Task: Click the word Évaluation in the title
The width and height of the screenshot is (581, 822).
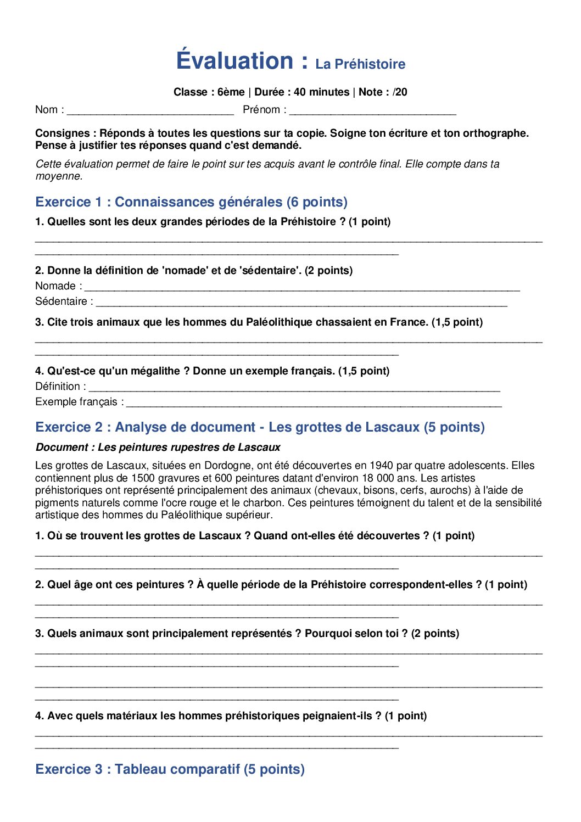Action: coord(235,60)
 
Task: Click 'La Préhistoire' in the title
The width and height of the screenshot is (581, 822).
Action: coord(360,64)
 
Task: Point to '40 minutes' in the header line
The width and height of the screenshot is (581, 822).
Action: coord(321,92)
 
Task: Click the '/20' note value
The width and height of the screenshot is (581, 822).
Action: coord(400,92)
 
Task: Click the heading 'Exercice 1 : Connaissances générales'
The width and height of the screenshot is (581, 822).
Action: coord(191,202)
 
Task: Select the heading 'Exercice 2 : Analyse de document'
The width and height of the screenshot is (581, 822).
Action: coord(260,427)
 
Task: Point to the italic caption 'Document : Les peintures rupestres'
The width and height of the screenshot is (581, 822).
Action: coord(158,448)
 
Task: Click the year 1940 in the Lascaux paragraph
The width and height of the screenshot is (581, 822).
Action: coord(381,466)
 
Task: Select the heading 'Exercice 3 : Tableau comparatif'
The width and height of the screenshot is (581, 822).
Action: coord(170,769)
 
